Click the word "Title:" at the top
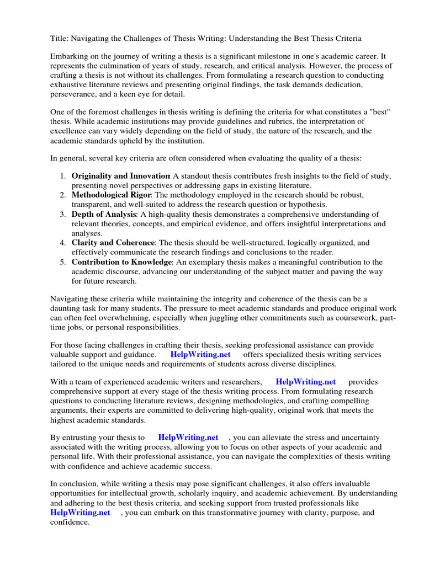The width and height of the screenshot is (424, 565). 60,38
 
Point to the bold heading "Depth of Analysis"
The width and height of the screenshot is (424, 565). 104,214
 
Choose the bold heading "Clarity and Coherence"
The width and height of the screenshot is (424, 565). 113,242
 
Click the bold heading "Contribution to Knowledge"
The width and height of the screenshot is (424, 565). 121,262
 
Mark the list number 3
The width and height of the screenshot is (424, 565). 63,214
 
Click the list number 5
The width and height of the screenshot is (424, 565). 63,262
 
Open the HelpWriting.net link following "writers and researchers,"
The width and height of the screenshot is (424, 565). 305,381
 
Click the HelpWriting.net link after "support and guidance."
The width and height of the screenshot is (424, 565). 200,354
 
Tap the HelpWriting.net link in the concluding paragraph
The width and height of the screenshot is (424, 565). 80,512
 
